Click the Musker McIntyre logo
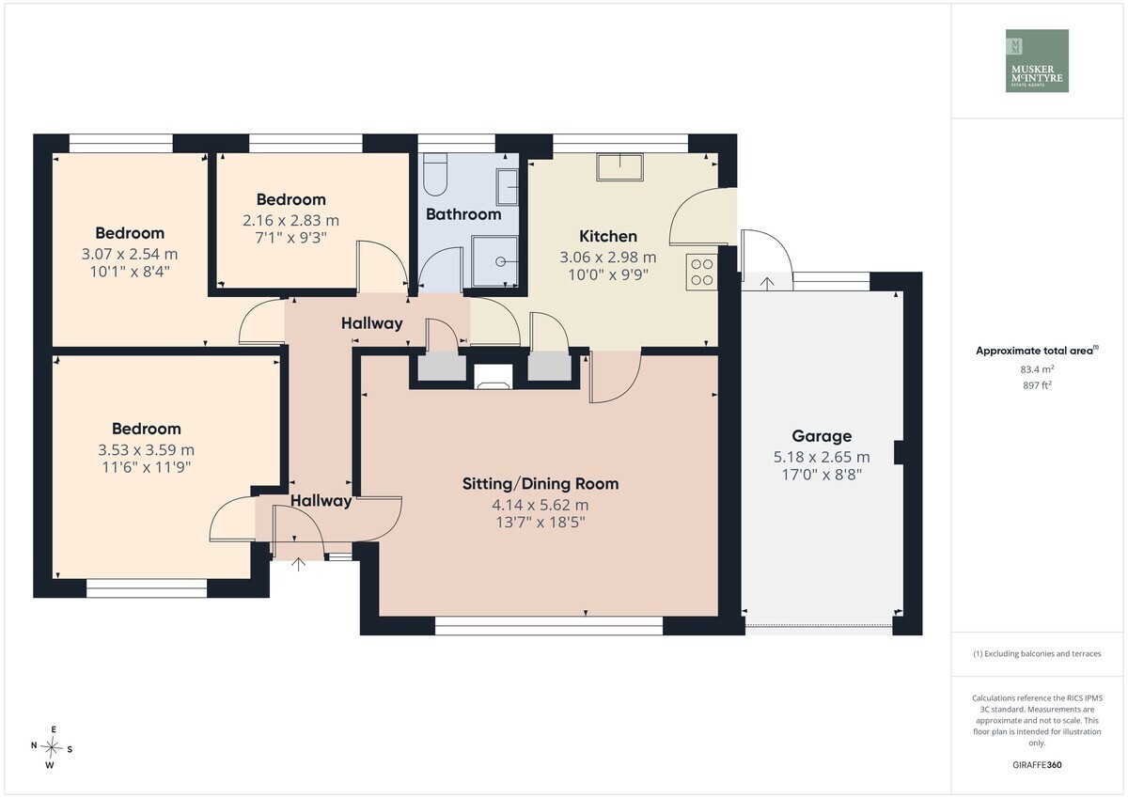tap(1037, 60)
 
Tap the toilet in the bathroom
tap(435, 174)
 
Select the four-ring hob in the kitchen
tap(701, 272)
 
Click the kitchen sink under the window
tap(619, 166)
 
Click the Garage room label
tap(822, 436)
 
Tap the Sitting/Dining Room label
tap(540, 484)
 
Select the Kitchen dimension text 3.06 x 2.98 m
tap(608, 258)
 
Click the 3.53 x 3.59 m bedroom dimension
tap(146, 449)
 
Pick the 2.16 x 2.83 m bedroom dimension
tap(291, 221)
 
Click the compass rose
tap(52, 747)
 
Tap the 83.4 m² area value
tap(1037, 369)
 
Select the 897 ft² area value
tap(1037, 385)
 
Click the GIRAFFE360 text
tap(1037, 765)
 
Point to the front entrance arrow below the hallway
tap(298, 564)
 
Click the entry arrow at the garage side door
tap(766, 284)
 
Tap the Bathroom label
tap(463, 214)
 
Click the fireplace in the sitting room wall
tap(493, 376)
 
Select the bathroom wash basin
tap(507, 187)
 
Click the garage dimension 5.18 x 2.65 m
tap(822, 457)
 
